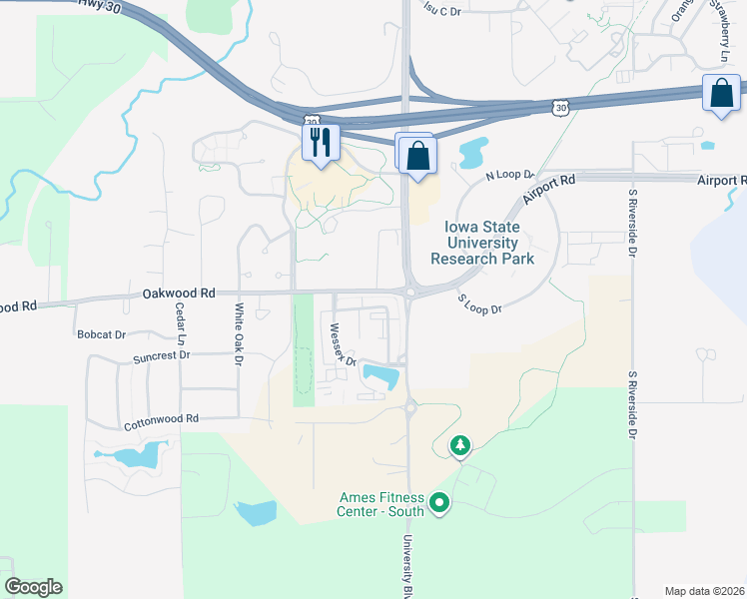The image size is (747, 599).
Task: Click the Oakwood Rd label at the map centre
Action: (179, 294)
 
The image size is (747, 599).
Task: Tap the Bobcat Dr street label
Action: (101, 334)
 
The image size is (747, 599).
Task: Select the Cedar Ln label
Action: (181, 324)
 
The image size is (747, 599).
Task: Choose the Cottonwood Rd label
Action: (162, 421)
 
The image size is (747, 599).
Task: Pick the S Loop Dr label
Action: (478, 303)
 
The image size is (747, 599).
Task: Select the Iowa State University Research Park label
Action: (481, 243)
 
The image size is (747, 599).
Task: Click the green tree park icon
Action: (460, 444)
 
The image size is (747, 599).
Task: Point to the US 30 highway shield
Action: (562, 106)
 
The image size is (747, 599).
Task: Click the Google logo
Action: (33, 586)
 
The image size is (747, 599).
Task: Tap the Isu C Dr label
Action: (442, 10)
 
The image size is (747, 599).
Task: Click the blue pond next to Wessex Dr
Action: (380, 376)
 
